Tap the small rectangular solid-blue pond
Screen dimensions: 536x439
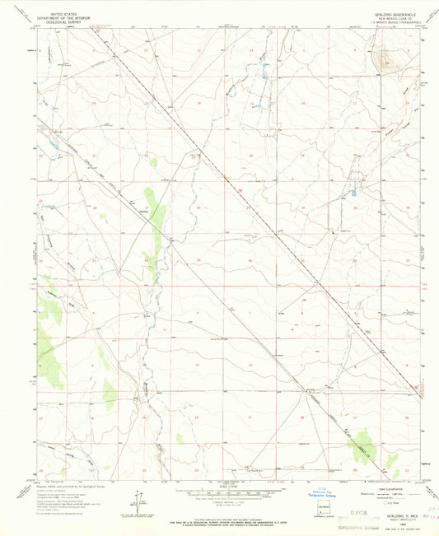[x=353, y=194]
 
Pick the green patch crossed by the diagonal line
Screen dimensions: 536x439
[x=362, y=448]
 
